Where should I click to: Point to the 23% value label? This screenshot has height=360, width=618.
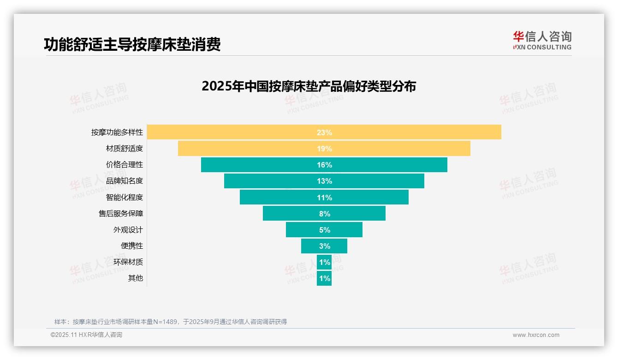[x=324, y=132]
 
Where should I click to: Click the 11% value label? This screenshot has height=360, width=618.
[x=324, y=198]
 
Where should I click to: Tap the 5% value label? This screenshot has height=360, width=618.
[x=324, y=230]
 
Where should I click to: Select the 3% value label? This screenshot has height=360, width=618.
[x=324, y=246]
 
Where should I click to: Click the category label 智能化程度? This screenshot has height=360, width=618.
[x=125, y=197]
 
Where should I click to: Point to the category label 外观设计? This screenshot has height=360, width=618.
[x=128, y=229]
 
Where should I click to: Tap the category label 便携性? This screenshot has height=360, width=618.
[x=132, y=246]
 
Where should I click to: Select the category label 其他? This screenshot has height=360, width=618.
[x=136, y=278]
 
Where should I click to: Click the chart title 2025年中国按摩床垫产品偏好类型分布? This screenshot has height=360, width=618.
[x=309, y=86]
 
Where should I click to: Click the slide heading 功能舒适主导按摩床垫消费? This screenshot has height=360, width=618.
[x=132, y=44]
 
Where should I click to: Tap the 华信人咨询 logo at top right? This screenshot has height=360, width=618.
[x=542, y=40]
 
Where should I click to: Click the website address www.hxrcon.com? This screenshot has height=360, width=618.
[x=536, y=335]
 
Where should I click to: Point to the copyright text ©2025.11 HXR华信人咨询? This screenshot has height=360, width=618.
[x=86, y=335]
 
